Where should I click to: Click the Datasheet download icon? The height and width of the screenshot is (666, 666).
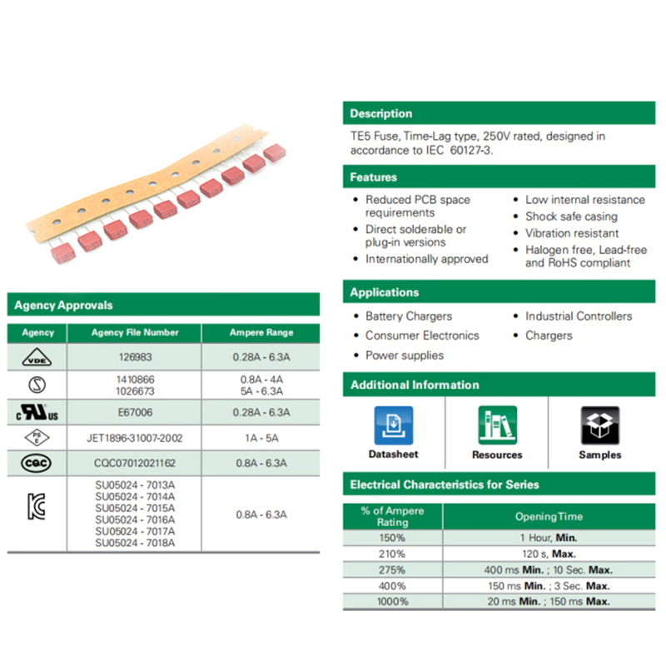[394, 425]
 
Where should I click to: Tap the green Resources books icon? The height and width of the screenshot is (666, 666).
[497, 425]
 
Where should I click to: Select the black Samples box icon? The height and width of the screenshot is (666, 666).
[599, 425]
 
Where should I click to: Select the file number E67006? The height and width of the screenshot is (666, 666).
[135, 412]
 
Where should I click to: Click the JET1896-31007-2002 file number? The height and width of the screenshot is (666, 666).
[135, 437]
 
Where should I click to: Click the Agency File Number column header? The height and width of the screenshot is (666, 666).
[135, 332]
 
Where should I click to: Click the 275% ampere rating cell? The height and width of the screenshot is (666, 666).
[392, 569]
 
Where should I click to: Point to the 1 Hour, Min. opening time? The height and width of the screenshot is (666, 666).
[549, 538]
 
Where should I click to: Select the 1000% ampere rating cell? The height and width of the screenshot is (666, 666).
[392, 601]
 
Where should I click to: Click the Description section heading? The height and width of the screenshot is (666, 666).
[380, 114]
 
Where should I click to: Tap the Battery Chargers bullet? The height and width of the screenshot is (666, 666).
[409, 316]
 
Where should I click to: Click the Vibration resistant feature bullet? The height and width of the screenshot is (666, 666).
[572, 234]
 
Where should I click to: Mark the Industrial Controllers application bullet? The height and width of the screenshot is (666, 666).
[579, 316]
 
